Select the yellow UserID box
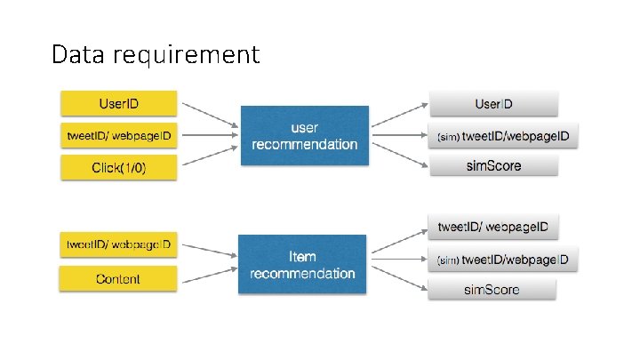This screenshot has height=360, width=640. coord(118,103)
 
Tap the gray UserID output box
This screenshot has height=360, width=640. coord(493,104)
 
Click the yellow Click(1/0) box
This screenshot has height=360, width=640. coord(118,167)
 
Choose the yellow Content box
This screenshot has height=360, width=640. coord(118,279)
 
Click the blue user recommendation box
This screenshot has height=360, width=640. coord(304,136)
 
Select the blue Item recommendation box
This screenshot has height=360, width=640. coord(302,265)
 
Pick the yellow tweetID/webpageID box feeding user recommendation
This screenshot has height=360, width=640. coord(118,135)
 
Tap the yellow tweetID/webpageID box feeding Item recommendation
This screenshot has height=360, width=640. coord(118,243)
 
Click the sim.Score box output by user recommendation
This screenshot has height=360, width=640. coord(493,165)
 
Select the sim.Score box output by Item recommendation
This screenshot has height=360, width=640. coord(492,289)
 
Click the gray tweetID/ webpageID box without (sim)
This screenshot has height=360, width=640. coord(492,227)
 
